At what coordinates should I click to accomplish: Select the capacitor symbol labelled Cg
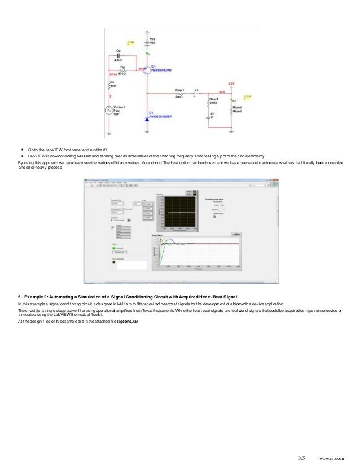(118, 58)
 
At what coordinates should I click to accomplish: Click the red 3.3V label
(231, 83)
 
